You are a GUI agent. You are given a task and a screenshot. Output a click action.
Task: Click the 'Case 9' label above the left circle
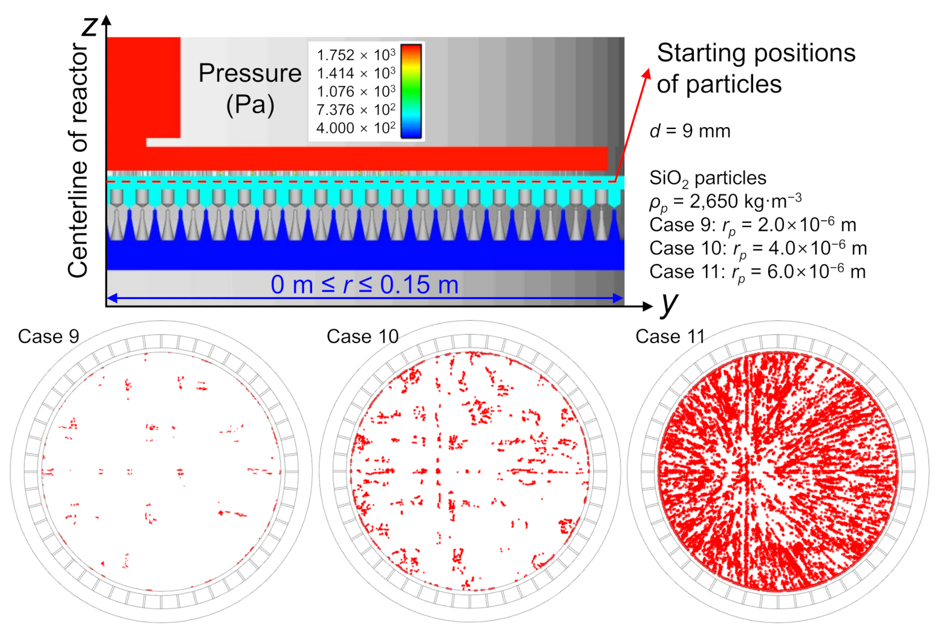[48, 337]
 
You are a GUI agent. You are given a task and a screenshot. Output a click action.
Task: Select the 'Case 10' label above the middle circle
[362, 337]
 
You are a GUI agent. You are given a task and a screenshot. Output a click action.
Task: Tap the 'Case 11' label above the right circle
[670, 337]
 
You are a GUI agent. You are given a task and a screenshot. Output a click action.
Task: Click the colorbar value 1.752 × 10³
[356, 55]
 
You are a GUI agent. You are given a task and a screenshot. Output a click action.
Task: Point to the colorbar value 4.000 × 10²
[356, 128]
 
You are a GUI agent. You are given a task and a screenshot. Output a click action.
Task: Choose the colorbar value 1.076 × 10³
[356, 91]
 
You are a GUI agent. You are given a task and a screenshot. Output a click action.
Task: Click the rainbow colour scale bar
[411, 91]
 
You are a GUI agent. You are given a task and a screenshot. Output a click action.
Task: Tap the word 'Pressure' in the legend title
[250, 73]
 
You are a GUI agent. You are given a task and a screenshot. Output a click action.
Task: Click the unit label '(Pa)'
[250, 105]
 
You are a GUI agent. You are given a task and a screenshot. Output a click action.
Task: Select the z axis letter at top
[90, 25]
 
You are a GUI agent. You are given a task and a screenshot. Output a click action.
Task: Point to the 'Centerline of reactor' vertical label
[79, 160]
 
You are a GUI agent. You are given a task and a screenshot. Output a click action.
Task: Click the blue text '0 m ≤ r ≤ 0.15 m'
[364, 284]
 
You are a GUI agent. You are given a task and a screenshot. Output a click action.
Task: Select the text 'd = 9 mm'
[690, 131]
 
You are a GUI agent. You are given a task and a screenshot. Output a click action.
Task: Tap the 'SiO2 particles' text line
[707, 179]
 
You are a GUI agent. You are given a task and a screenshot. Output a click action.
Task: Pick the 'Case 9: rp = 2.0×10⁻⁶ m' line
[752, 225]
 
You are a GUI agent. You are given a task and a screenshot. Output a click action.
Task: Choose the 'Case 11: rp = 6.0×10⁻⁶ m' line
[757, 272]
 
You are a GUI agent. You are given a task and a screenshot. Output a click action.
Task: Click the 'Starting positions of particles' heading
[755, 68]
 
